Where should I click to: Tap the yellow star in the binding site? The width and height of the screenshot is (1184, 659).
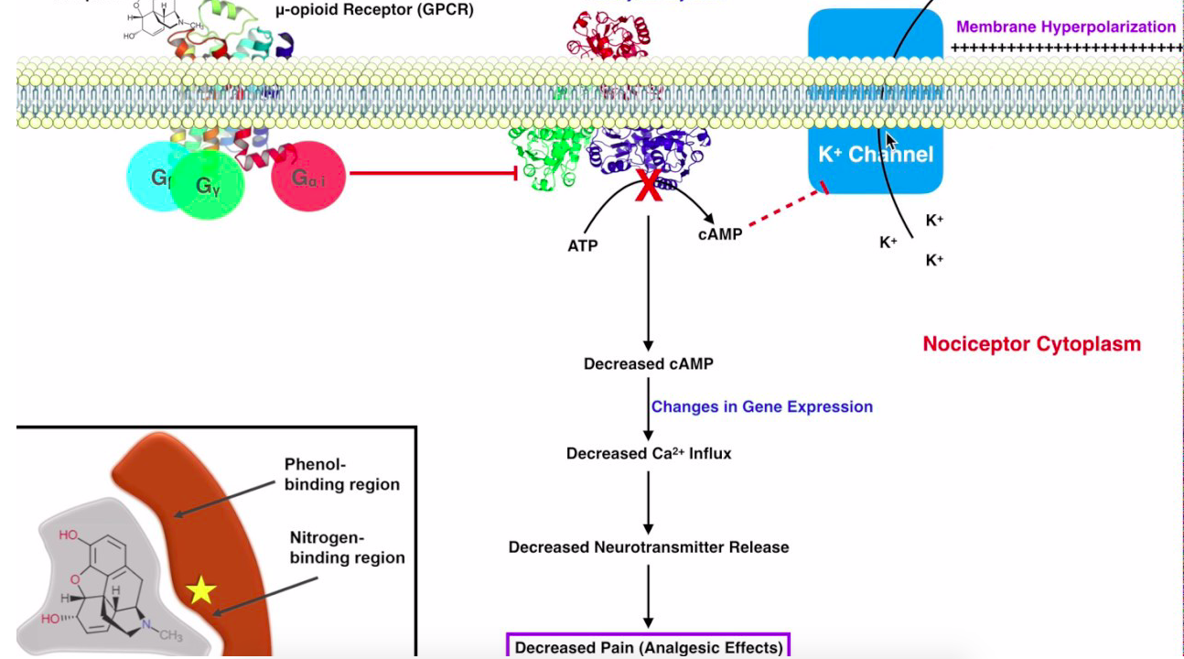click(x=200, y=590)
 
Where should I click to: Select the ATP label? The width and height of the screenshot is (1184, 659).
click(x=583, y=245)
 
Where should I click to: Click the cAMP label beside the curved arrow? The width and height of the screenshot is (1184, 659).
click(x=719, y=233)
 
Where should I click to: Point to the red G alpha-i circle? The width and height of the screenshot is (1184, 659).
click(x=309, y=178)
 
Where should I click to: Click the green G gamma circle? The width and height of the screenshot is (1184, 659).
click(x=209, y=187)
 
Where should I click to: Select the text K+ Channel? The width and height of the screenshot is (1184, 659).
click(x=876, y=154)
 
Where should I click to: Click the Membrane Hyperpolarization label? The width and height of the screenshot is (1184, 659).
click(x=1066, y=27)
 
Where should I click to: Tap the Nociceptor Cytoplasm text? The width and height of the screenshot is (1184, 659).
click(x=1031, y=344)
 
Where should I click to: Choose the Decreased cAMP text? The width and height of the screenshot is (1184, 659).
click(x=648, y=363)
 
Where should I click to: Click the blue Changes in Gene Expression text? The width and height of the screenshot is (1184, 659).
click(x=761, y=406)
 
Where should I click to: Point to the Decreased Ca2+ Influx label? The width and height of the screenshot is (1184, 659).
click(x=648, y=453)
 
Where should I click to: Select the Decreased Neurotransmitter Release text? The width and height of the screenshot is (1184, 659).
click(x=648, y=547)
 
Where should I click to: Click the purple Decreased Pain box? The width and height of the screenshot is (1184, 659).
click(x=648, y=647)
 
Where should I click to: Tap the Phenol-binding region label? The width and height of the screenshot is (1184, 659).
click(x=341, y=474)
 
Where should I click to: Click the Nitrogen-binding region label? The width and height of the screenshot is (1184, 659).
click(x=347, y=547)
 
